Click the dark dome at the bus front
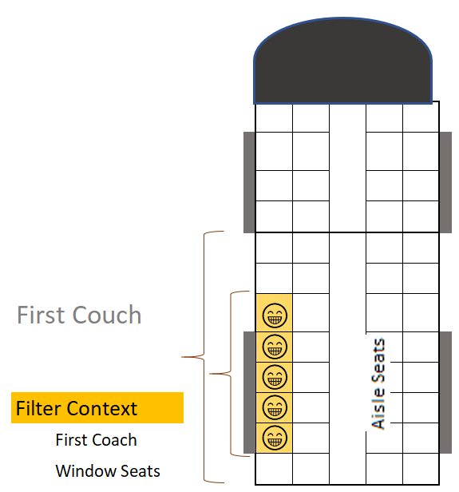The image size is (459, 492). click(342, 61)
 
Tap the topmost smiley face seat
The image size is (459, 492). click(275, 315)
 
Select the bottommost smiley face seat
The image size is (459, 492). click(275, 438)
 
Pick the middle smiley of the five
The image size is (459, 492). click(275, 376)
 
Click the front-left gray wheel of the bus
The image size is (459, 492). click(249, 182)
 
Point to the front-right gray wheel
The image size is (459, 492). click(445, 182)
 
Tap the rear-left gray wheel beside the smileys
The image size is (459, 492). click(249, 392)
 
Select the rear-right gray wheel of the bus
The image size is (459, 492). click(445, 392)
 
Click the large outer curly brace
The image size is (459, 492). click(204, 357)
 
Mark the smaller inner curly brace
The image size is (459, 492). click(231, 374)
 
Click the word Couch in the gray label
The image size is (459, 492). click(107, 315)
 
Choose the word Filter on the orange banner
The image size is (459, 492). click(38, 408)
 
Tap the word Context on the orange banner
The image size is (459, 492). click(102, 409)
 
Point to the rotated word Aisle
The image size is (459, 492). click(378, 413)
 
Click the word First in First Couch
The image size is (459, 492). click(42, 315)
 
